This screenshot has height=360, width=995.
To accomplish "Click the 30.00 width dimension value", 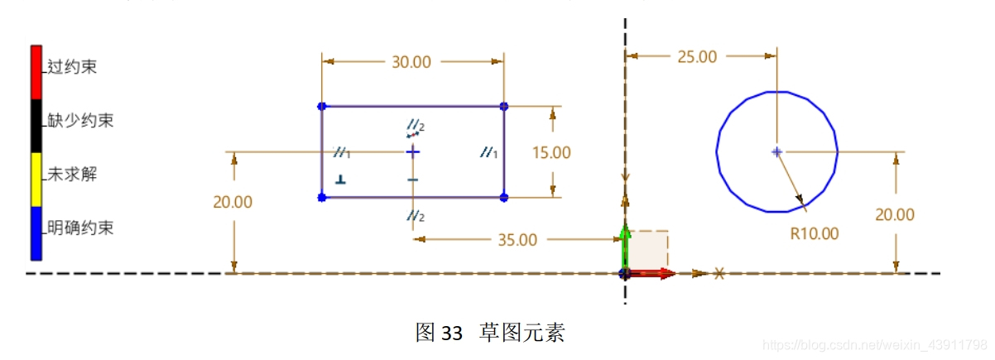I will pos(411,62).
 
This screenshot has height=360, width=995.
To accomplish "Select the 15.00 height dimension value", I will pos(551,152).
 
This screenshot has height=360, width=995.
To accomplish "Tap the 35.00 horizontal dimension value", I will pos(517,239).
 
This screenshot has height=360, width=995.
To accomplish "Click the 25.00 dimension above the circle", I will pos(697,56).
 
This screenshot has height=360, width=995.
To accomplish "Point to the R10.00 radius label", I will pos(815,233).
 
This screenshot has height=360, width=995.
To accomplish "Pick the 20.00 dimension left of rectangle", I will pos(233,202).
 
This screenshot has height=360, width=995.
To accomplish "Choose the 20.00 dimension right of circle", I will pos(895,214).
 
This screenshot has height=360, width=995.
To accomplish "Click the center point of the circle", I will pos(776,151).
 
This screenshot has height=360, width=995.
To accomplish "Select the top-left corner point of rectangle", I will pos(322,106).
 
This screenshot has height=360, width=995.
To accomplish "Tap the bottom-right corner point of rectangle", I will pos(503,197).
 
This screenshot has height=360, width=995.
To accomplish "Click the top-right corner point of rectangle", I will pos(503,106).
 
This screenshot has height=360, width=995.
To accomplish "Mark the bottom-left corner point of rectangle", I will pos(322,197).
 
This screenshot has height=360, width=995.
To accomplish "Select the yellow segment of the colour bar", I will pos(36,179).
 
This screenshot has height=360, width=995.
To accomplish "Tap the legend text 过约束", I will pos(72,67).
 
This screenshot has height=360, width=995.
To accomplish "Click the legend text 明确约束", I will pos(80,228).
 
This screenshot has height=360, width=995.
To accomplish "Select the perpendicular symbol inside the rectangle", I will pos(340,179).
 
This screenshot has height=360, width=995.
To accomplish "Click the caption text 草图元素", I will pos(526,334).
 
